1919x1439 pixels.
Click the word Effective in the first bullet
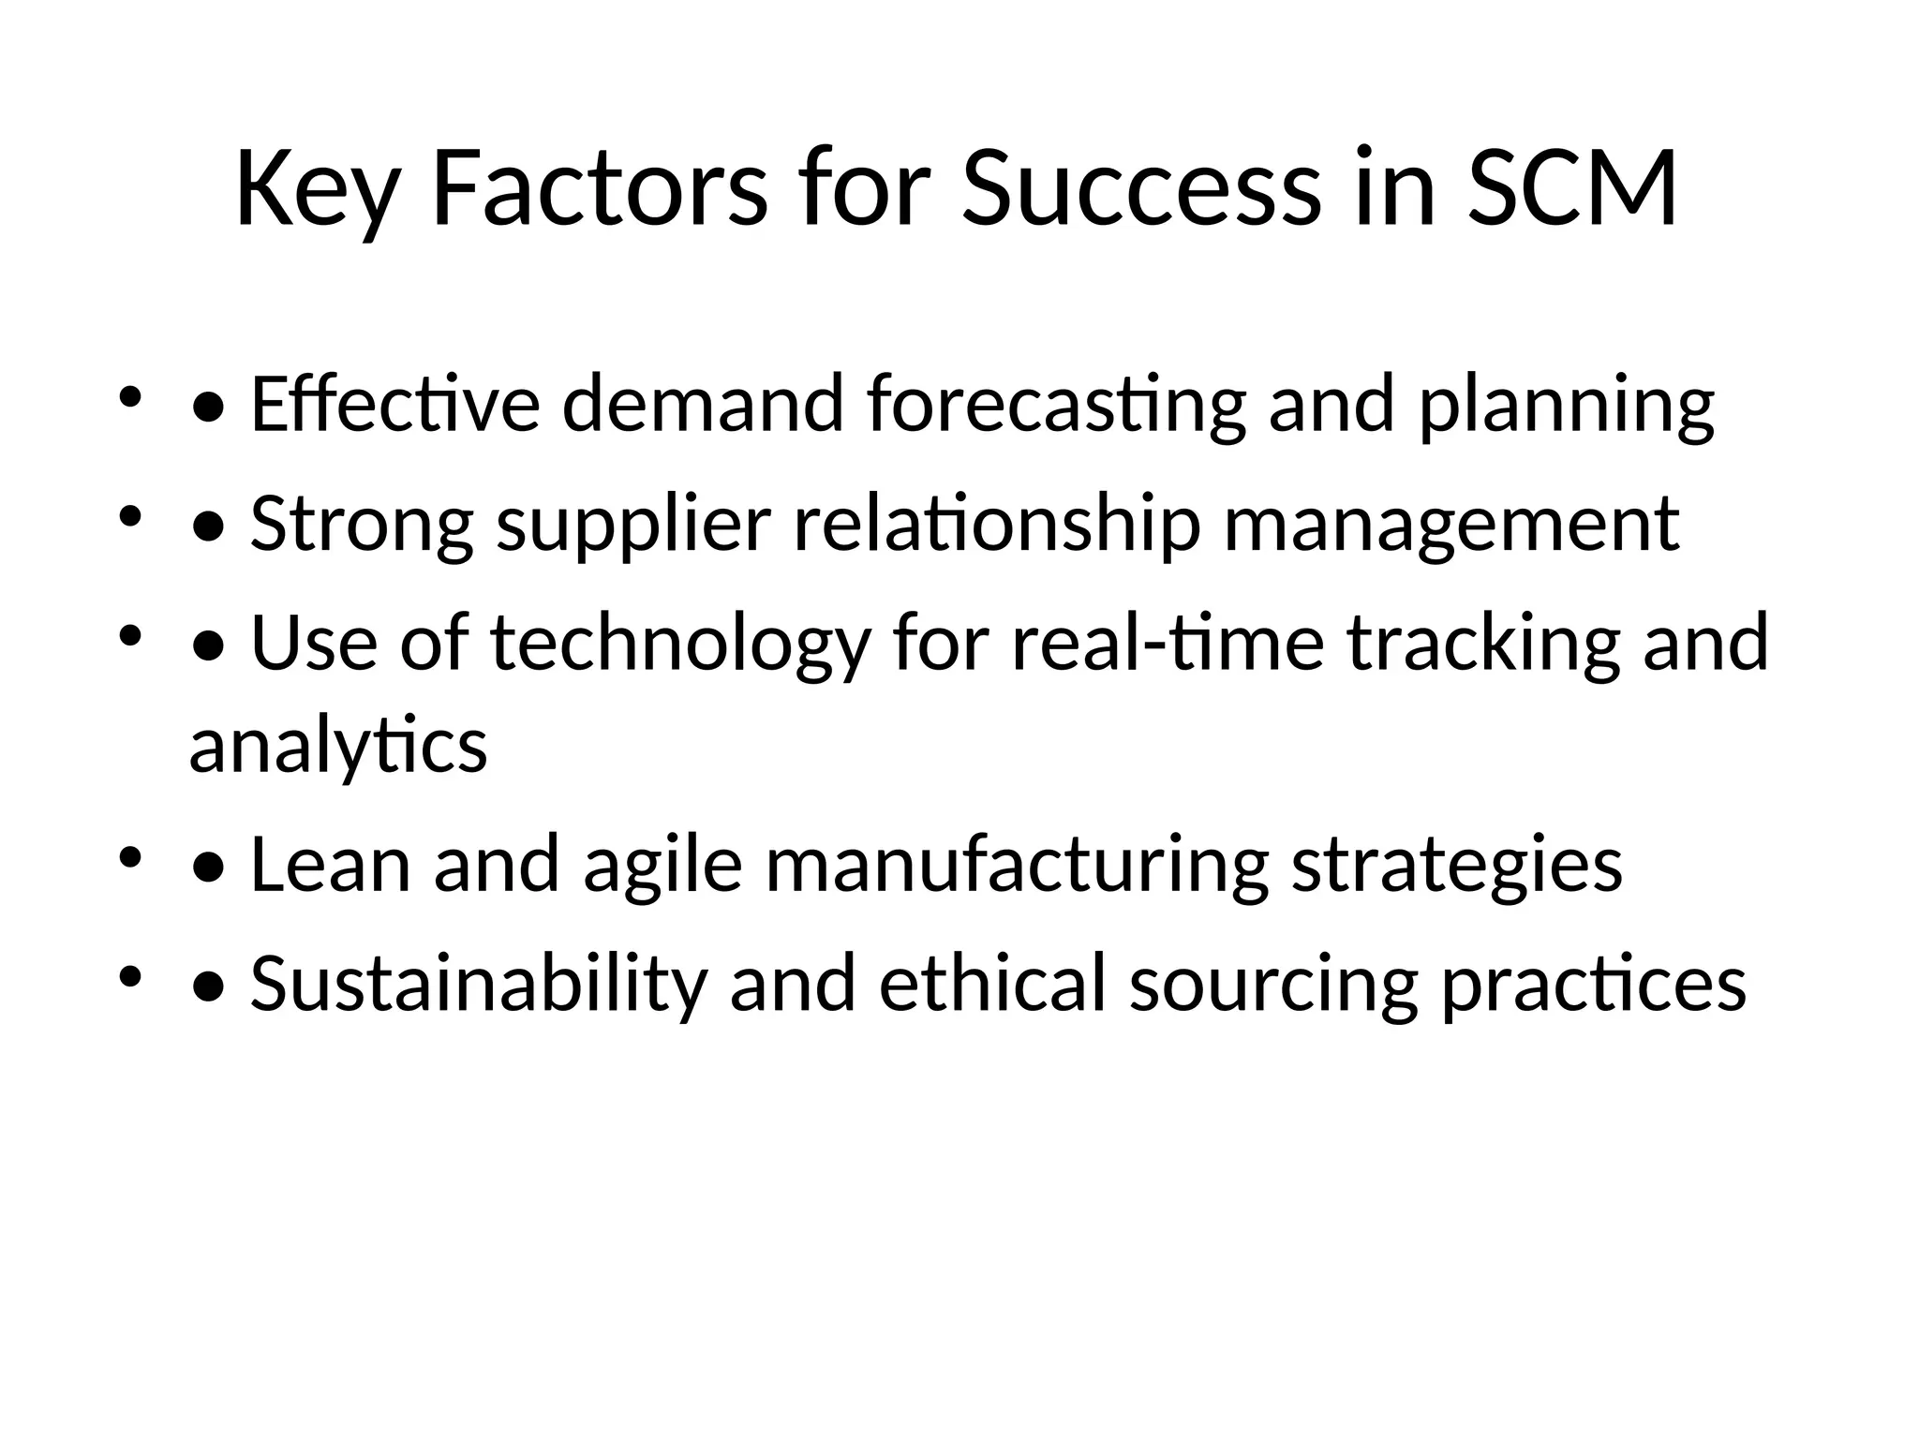tap(395, 405)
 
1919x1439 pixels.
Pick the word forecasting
tap(1056, 405)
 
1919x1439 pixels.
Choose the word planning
tap(1567, 405)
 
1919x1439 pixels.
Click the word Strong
tap(362, 524)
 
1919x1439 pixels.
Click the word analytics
tap(338, 746)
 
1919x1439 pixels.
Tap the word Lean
tap(331, 865)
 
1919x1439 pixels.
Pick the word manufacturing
tap(1017, 865)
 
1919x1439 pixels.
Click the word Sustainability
tap(478, 984)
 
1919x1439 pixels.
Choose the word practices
tap(1593, 984)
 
